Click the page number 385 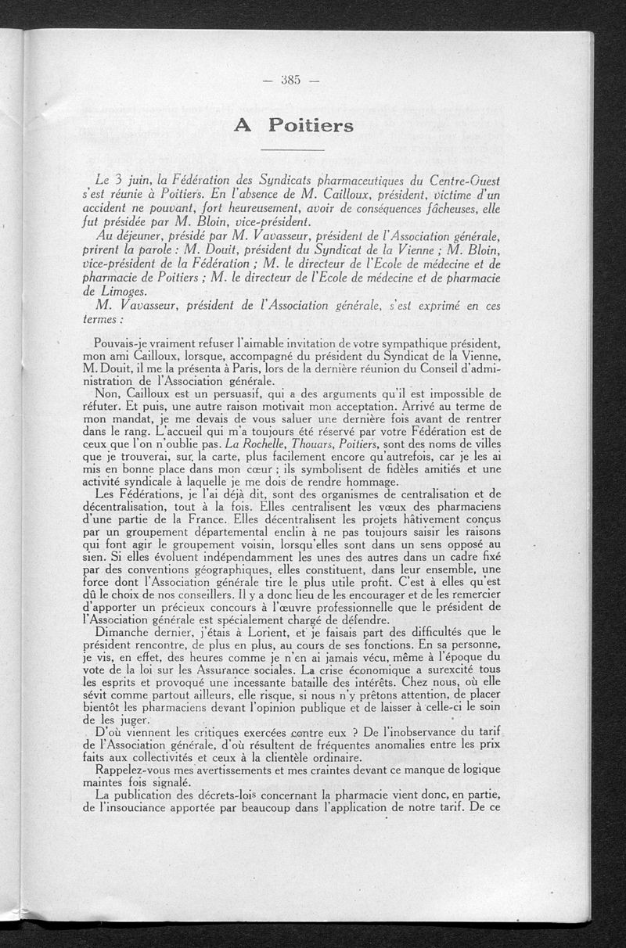(x=293, y=79)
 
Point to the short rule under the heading (x=292, y=149)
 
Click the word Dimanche (x=121, y=632)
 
